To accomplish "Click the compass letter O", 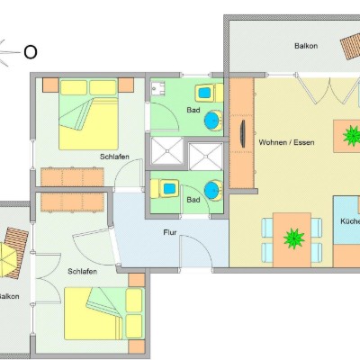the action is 31,52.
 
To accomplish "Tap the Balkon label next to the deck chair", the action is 306,46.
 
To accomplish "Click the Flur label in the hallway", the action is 170,232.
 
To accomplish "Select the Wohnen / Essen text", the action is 286,142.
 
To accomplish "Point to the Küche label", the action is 350,221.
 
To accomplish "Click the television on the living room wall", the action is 243,134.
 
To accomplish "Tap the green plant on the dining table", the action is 293,238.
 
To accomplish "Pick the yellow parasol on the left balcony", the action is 6,260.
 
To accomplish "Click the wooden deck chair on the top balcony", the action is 350,46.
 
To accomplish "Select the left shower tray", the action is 167,151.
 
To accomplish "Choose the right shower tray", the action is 205,157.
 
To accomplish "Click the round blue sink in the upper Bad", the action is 213,120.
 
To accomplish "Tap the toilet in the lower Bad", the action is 165,189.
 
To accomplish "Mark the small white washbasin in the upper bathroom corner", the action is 157,87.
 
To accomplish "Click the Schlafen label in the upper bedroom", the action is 114,157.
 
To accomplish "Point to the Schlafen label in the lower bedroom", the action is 82,272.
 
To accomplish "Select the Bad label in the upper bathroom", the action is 193,110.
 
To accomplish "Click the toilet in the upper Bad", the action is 209,93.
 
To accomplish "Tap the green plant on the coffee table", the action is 351,136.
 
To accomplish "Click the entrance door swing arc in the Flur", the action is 202,243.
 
